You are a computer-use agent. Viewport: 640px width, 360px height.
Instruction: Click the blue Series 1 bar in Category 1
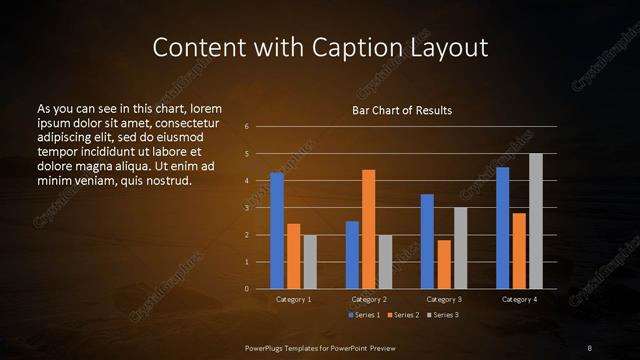pyautogui.click(x=276, y=231)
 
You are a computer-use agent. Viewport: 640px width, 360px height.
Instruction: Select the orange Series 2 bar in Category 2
pyautogui.click(x=368, y=229)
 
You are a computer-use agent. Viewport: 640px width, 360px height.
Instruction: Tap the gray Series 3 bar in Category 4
pyautogui.click(x=535, y=221)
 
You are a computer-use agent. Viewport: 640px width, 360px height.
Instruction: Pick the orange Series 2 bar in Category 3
pyautogui.click(x=443, y=264)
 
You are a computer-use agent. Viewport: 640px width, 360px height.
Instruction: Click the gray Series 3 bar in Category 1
pyautogui.click(x=309, y=262)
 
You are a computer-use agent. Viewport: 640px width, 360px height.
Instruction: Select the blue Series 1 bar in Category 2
pyautogui.click(x=352, y=255)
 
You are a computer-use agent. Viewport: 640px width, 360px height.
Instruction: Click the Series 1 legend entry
pyautogui.click(x=364, y=315)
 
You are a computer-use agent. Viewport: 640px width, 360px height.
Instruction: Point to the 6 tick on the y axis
pyautogui.click(x=246, y=127)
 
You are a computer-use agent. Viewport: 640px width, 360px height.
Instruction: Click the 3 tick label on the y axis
pyautogui.click(x=246, y=208)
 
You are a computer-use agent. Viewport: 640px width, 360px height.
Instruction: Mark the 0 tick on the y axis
pyautogui.click(x=246, y=289)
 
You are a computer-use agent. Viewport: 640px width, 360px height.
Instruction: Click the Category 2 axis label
pyautogui.click(x=368, y=300)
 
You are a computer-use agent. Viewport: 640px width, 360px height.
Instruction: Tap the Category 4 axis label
pyautogui.click(x=518, y=300)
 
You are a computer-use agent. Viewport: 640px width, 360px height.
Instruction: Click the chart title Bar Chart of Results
pyautogui.click(x=401, y=110)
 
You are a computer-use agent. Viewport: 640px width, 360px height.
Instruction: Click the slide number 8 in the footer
pyautogui.click(x=589, y=347)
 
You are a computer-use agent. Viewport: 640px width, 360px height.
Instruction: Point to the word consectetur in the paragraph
pyautogui.click(x=182, y=121)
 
